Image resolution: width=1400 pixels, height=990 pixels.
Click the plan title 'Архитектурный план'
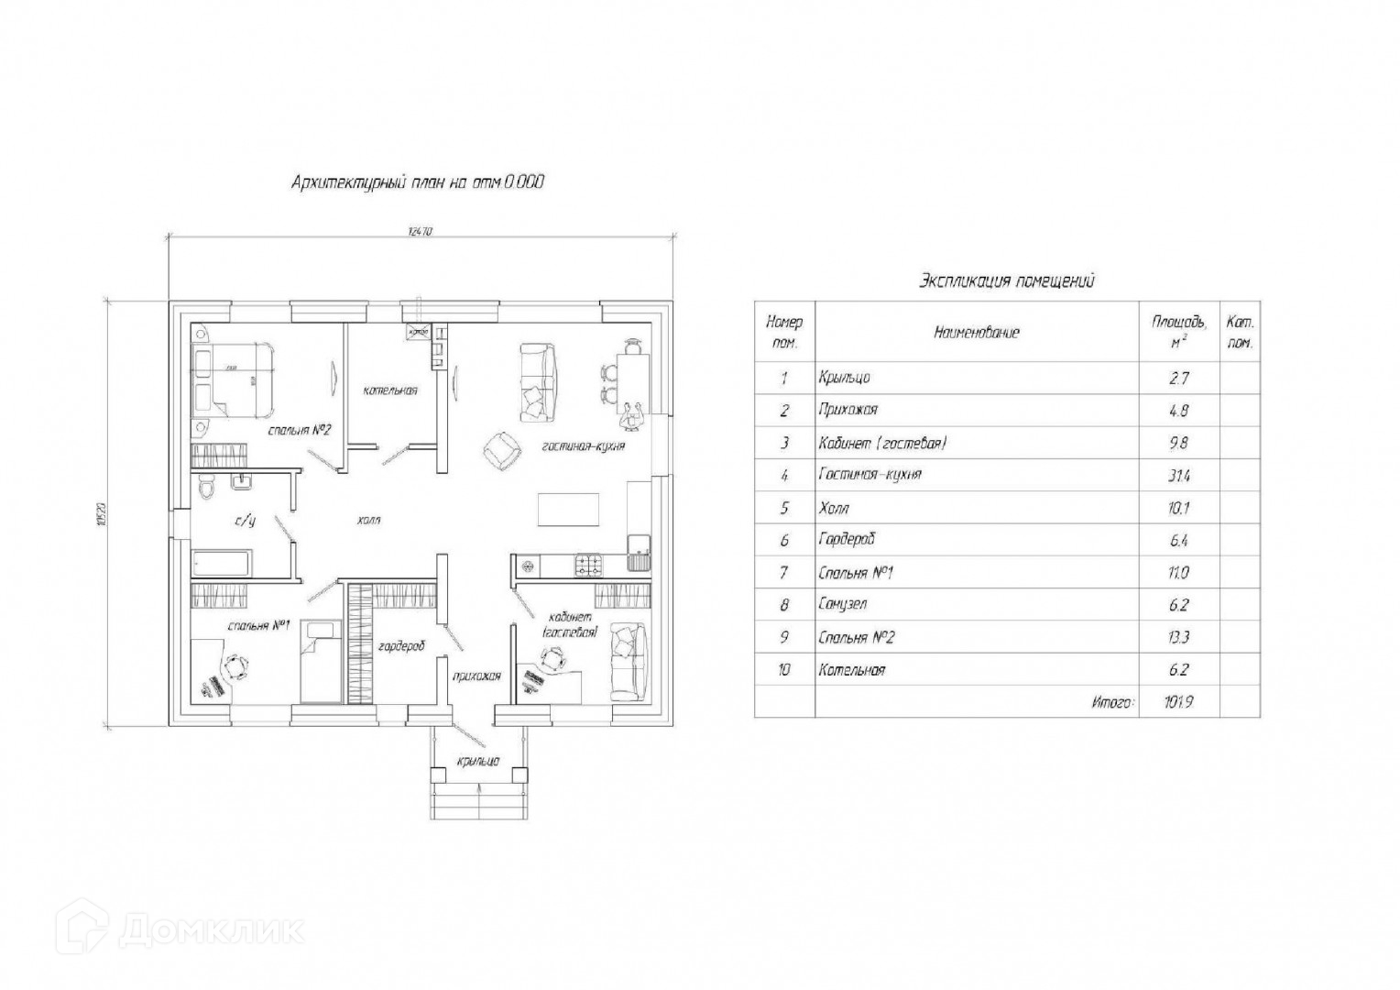click(x=417, y=182)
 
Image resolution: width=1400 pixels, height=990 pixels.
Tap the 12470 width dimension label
click(x=420, y=232)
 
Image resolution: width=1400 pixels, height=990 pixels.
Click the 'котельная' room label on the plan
click(x=390, y=390)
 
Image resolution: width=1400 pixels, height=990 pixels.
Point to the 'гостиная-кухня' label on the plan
click(x=583, y=446)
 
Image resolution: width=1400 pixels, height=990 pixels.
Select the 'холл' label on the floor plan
click(x=368, y=520)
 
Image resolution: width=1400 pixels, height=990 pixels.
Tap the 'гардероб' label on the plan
click(x=401, y=646)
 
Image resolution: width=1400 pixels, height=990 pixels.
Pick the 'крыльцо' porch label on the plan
click(x=478, y=761)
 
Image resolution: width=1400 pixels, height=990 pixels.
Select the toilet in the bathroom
click(x=208, y=489)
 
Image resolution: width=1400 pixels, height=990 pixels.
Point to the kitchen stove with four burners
click(x=587, y=566)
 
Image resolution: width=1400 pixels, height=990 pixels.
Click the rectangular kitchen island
click(x=568, y=510)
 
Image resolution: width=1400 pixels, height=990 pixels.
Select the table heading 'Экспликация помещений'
click(x=1006, y=281)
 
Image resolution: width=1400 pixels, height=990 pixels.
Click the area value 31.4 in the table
click(x=1178, y=475)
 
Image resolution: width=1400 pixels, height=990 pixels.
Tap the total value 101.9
click(x=1178, y=703)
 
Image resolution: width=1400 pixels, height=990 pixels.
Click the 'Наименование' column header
click(x=976, y=332)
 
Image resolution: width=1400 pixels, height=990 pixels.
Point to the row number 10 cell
click(x=783, y=670)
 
